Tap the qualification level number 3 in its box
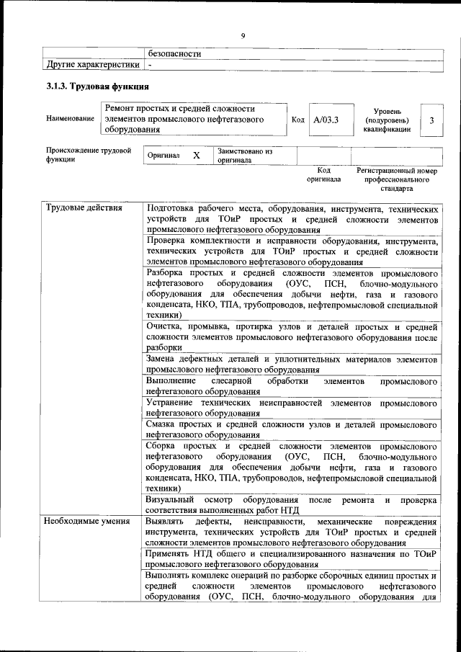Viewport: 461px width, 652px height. coord(431,120)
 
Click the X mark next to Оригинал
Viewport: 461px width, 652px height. coord(196,156)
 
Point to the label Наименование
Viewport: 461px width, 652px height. coord(70,118)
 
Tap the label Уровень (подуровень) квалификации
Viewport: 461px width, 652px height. coord(386,120)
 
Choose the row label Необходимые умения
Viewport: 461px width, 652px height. coord(87,521)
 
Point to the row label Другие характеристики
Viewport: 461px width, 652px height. coord(92,65)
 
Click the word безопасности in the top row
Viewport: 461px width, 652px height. coord(174,53)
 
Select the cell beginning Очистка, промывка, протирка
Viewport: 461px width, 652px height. coord(291,336)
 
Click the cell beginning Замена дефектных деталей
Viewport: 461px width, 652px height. coord(291,363)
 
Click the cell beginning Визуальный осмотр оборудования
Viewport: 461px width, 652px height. coord(291,505)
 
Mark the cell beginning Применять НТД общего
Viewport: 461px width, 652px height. coord(291,558)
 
